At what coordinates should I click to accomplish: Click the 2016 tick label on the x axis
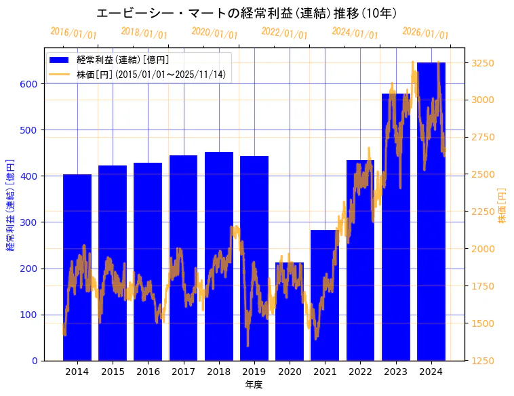click(148, 372)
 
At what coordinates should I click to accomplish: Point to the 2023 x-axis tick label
click(396, 372)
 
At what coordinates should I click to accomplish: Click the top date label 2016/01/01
click(74, 33)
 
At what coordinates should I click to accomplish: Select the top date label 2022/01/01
click(284, 33)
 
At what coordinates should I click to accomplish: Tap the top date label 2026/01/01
click(425, 33)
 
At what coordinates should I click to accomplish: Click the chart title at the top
click(247, 13)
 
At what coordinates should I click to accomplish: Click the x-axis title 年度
click(254, 384)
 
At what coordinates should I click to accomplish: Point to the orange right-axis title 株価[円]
click(502, 207)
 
